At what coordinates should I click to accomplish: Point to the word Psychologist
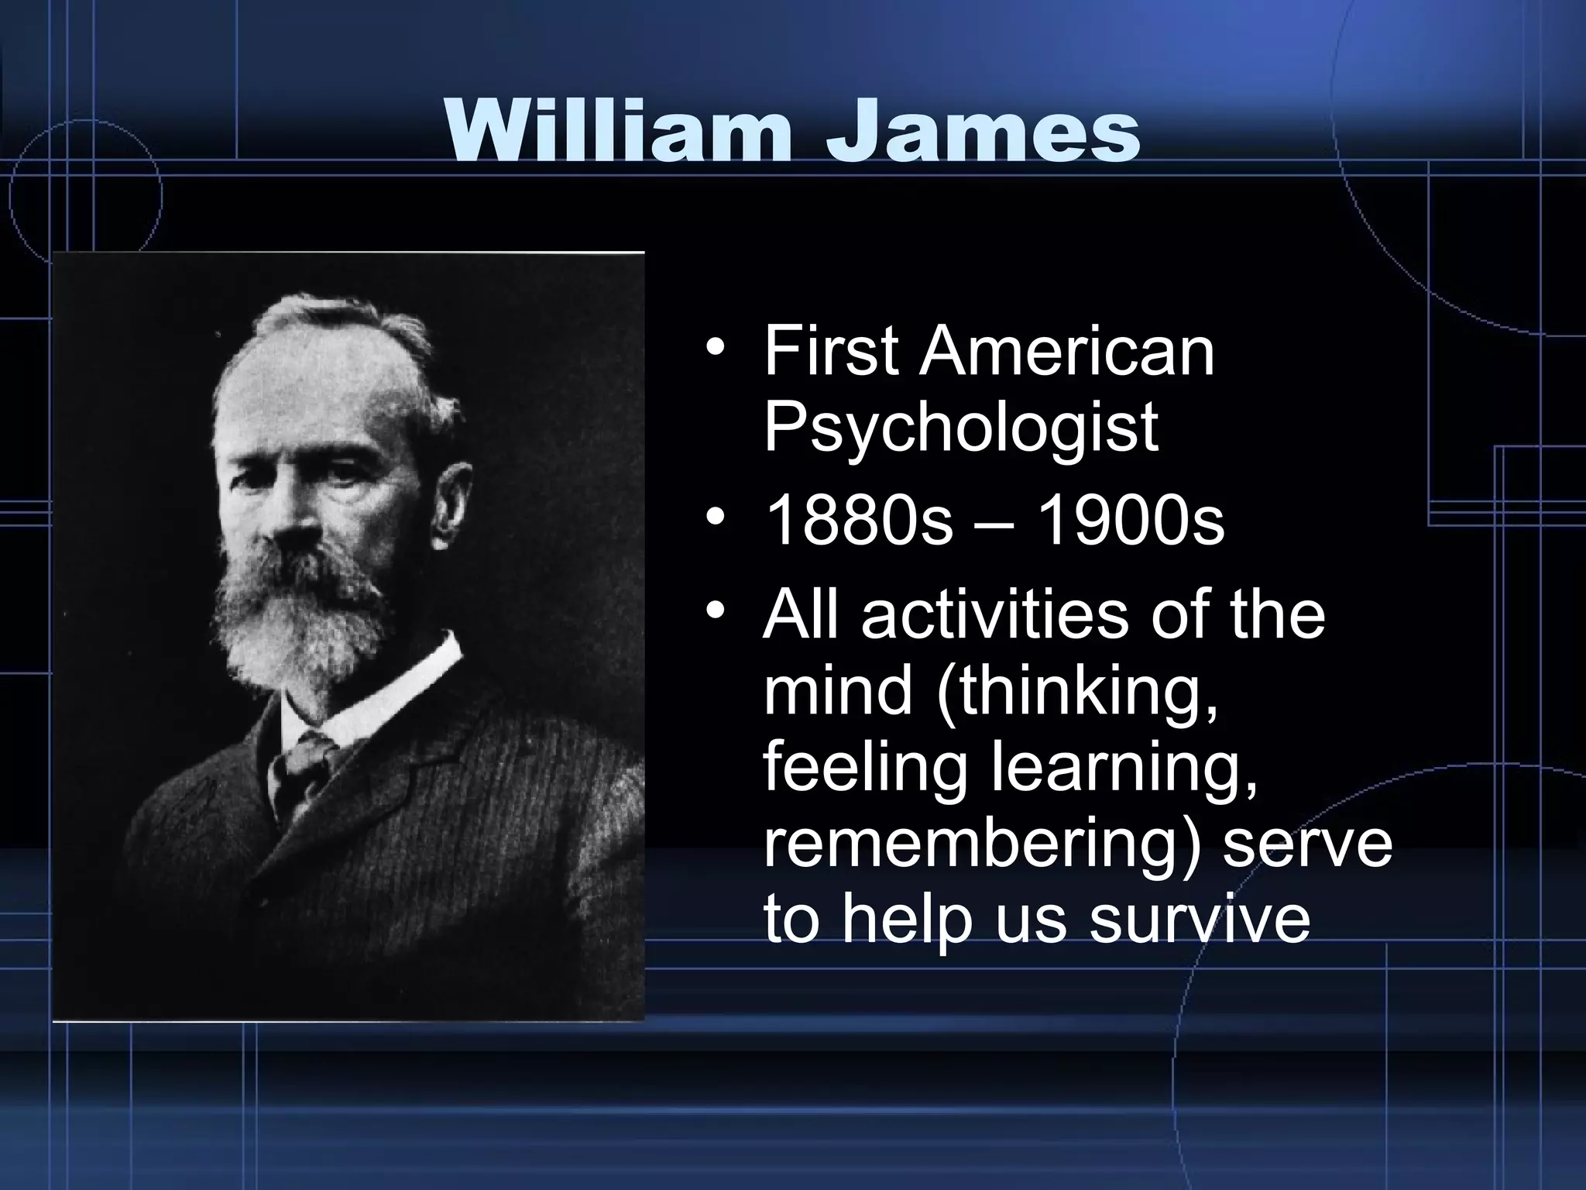tap(960, 428)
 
